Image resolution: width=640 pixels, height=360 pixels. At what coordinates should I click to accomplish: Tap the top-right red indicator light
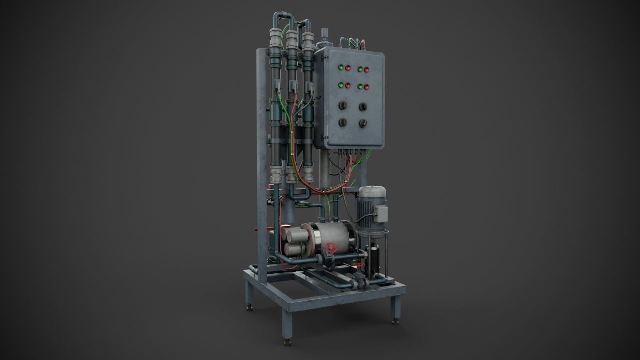(x=367, y=70)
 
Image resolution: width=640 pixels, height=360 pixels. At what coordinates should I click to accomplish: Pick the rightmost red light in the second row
(x=367, y=87)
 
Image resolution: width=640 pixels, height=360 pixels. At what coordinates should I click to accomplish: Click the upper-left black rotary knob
(x=343, y=105)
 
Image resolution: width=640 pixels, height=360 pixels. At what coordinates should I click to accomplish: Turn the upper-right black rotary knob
(x=363, y=107)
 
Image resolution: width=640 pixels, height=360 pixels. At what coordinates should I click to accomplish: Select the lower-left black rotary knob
(x=343, y=122)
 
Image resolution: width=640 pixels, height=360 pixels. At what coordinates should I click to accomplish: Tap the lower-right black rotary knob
(x=363, y=124)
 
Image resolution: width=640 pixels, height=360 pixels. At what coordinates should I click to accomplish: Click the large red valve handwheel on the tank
(x=330, y=248)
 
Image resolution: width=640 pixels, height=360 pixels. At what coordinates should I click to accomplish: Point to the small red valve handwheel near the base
(x=358, y=264)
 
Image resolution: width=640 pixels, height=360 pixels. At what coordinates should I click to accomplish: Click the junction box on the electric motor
(x=382, y=214)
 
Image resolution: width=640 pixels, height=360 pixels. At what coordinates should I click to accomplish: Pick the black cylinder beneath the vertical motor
(x=374, y=260)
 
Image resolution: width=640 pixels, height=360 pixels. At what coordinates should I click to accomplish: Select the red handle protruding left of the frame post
(x=255, y=230)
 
